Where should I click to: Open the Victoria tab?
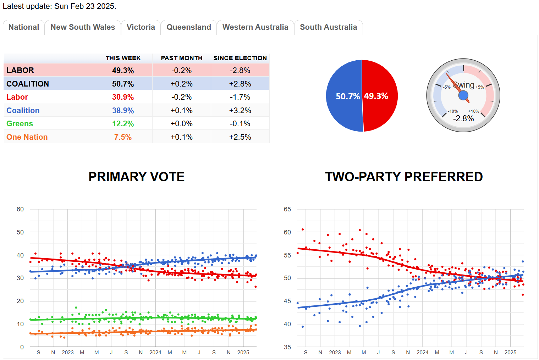(x=141, y=27)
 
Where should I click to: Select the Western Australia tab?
(x=255, y=27)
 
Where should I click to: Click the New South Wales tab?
(x=83, y=27)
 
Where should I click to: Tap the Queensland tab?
(x=189, y=27)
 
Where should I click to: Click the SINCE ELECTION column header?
(x=240, y=58)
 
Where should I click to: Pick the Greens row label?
(x=20, y=124)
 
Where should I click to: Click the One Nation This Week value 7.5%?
(x=123, y=137)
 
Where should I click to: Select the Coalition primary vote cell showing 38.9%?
(x=123, y=111)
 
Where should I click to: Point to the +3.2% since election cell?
(x=240, y=111)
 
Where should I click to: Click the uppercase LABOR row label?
(x=20, y=71)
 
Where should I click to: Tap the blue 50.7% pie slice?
(x=344, y=96)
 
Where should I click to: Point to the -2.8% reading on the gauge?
(x=463, y=119)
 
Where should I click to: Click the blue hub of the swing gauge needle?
(x=463, y=95)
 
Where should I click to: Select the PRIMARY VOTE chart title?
(x=136, y=177)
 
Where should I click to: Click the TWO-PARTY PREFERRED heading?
(x=404, y=177)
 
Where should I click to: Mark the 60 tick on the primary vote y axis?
(x=20, y=209)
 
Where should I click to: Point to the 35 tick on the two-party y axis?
(x=287, y=347)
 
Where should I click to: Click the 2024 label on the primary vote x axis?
(x=155, y=353)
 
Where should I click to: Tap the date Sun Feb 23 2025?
(x=85, y=6)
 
